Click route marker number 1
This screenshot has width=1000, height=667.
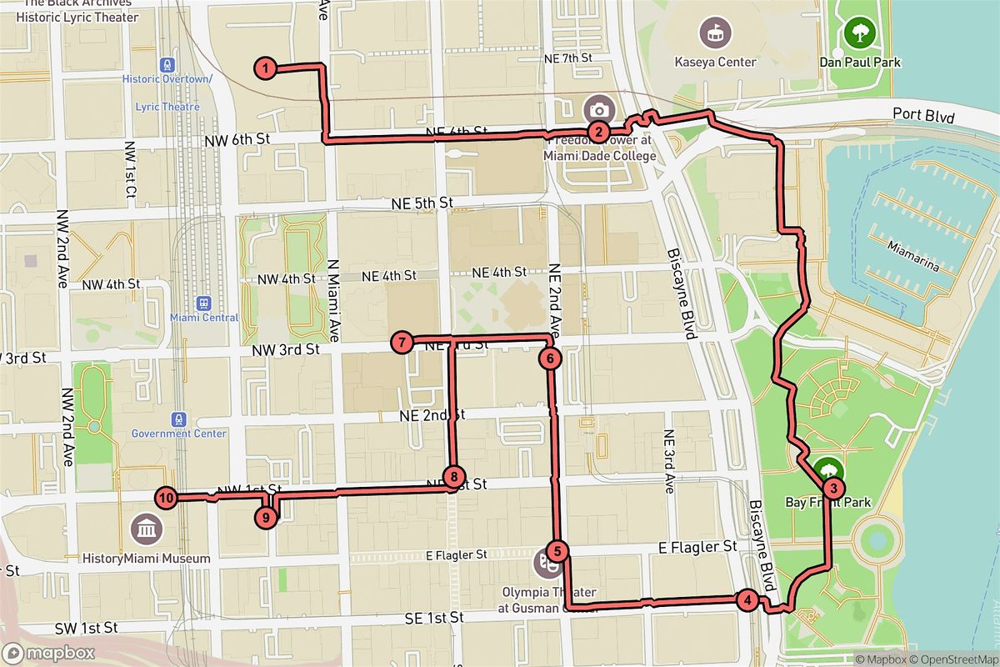(265, 69)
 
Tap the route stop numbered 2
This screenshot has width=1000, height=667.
(597, 132)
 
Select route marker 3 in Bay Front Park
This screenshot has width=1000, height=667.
(832, 489)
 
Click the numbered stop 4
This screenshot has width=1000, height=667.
(747, 599)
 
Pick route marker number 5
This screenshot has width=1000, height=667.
(557, 551)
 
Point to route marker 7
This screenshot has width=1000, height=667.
(402, 342)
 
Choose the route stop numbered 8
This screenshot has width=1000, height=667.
(453, 477)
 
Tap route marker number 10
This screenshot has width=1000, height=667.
(166, 498)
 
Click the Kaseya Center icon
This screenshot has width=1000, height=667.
(715, 34)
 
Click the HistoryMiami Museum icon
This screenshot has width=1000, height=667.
(147, 528)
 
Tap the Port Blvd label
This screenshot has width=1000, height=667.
(922, 115)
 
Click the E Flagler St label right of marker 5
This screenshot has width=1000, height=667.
(697, 547)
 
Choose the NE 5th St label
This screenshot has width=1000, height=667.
(422, 203)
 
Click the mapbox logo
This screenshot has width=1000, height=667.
(48, 653)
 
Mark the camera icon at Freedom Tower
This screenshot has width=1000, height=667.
(598, 109)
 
